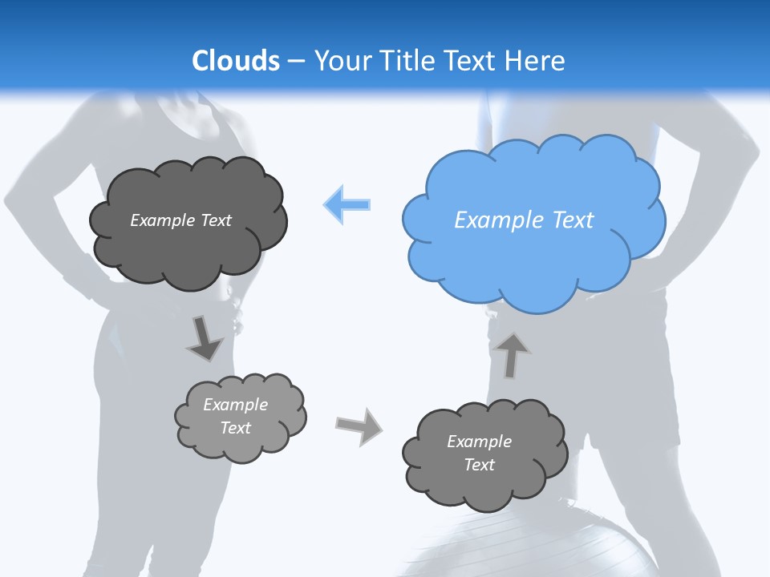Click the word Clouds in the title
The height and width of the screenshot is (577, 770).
(236, 61)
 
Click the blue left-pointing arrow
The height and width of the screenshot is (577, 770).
(347, 204)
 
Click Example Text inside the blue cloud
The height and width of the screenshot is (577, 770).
(524, 220)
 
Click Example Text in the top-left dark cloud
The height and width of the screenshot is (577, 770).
(180, 220)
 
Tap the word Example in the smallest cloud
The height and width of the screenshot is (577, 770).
(235, 405)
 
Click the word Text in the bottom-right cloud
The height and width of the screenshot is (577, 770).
(479, 465)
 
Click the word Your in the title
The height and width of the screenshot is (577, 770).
(338, 61)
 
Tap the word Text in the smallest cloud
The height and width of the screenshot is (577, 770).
(235, 428)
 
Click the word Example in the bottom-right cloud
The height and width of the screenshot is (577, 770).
(479, 442)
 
